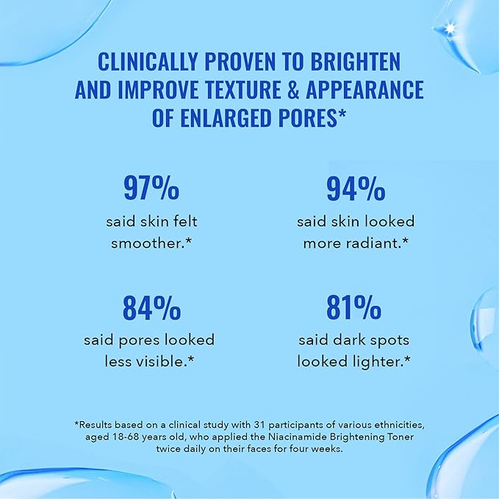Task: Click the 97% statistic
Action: [151, 189]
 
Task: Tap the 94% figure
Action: [356, 189]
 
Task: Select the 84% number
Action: [151, 309]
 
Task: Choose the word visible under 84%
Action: [165, 362]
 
